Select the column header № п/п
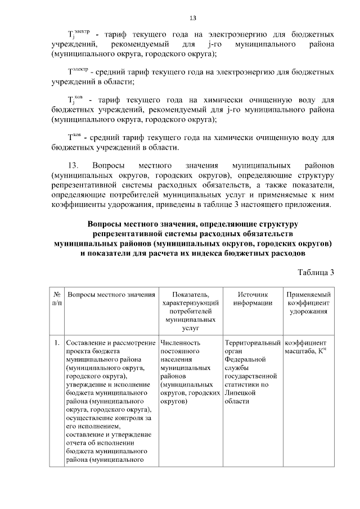tap(57, 299)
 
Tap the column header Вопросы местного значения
tap(111, 295)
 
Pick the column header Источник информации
tap(251, 299)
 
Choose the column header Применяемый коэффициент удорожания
tap(309, 303)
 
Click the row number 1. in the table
tap(57, 342)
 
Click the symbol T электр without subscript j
tap(77, 72)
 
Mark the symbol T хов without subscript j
tap(75, 138)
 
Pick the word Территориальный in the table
tap(252, 342)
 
